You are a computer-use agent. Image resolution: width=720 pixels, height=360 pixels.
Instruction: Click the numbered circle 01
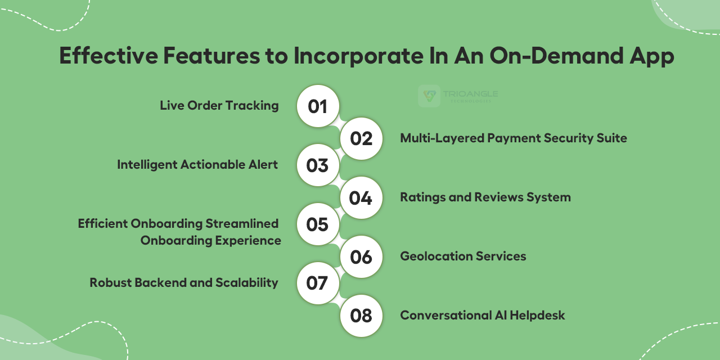coord(318,106)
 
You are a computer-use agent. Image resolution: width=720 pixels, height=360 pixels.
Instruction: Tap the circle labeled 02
coord(361,138)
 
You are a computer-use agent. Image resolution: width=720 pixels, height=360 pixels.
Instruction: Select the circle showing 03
coord(318,165)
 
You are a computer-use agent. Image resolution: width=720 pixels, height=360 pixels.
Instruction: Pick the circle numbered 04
coord(361,197)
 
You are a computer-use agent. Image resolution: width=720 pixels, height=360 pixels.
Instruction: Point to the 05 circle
coord(318,224)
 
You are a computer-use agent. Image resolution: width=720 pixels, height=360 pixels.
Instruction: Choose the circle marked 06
coord(361,257)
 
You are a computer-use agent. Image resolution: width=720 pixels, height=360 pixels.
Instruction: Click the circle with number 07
coord(318,283)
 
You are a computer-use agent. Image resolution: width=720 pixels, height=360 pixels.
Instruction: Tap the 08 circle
coord(361,316)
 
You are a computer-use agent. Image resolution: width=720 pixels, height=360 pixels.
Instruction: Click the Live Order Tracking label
coord(219,106)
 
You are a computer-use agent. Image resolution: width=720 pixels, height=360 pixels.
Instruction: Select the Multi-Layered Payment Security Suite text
coord(514,138)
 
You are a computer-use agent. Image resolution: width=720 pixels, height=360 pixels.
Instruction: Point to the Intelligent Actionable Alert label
coord(197,165)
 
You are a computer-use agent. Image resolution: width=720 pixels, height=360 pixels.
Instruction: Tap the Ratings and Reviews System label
coord(485,197)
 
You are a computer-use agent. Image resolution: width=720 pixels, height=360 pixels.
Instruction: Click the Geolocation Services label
coord(463,256)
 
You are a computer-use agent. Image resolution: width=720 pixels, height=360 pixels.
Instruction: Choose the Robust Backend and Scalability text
coord(184,283)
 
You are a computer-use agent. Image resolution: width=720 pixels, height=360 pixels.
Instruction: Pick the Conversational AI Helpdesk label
coord(483,316)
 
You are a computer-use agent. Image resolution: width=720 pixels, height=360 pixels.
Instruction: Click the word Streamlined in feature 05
coord(242,223)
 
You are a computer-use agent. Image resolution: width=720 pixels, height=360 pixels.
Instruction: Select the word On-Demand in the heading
coord(557,56)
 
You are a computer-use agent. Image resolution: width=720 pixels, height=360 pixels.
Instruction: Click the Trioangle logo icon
coord(429,96)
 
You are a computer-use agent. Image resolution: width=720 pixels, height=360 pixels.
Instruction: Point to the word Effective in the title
coord(109,56)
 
